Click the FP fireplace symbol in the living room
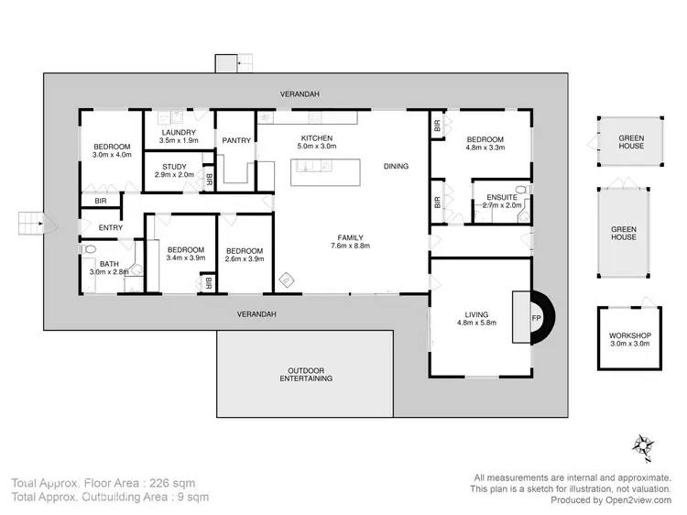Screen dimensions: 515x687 click(x=537, y=318)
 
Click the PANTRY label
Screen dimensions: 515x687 click(x=235, y=140)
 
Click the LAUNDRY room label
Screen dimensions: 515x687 click(x=179, y=133)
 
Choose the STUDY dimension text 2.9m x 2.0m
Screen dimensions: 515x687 click(x=174, y=175)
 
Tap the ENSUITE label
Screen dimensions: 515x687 click(x=501, y=197)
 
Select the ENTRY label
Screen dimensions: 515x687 click(x=110, y=228)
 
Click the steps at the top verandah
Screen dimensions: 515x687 click(x=226, y=63)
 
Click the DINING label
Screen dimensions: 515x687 click(x=396, y=166)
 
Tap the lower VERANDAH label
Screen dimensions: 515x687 click(x=256, y=313)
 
